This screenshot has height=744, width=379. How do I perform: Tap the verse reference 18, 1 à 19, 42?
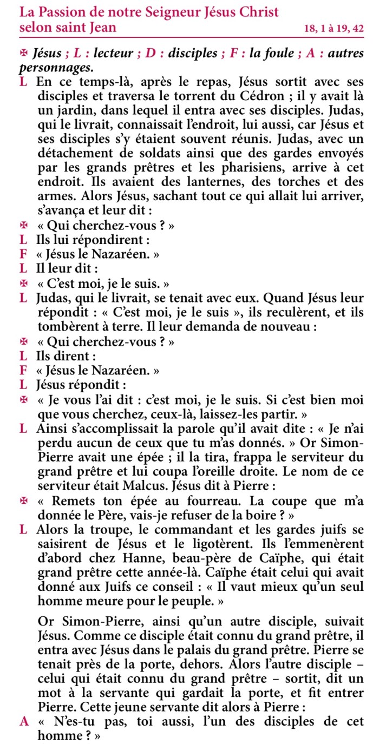334,29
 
